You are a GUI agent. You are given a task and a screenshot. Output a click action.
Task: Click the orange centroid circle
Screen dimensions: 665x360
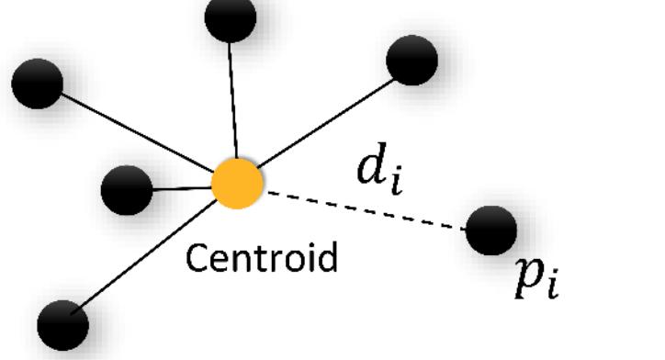coord(237,184)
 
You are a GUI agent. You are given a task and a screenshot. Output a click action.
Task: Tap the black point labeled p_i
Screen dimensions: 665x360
coord(490,230)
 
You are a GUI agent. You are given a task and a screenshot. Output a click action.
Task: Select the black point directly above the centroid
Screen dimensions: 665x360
coord(230,17)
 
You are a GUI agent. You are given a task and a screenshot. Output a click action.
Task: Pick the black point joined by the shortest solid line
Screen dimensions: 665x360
coord(126,191)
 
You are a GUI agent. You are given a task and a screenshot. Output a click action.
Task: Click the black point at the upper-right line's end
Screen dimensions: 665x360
coord(411,61)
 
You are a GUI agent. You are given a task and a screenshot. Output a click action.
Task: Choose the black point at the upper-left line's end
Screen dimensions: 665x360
coord(37,84)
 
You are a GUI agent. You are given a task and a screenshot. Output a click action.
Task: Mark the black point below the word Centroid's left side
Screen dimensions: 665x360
coord(62,324)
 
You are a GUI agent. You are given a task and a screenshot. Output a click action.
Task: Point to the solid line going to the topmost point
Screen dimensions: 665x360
coord(233,101)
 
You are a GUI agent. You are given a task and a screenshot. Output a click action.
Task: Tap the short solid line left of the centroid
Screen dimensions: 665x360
coord(182,188)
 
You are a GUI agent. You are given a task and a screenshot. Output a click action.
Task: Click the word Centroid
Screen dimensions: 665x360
coord(262,258)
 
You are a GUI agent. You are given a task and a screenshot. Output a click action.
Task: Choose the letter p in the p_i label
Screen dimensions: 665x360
coord(527,276)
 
